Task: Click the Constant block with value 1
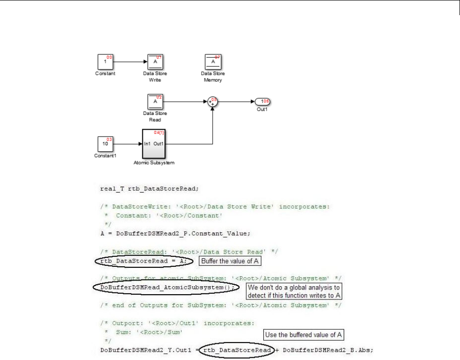[x=105, y=62]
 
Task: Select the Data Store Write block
[x=155, y=62]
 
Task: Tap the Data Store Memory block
[x=213, y=62]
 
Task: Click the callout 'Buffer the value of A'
[x=230, y=261]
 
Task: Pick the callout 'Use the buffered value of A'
[x=304, y=335]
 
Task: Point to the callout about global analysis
[x=294, y=291]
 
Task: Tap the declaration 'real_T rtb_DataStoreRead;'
[x=150, y=189]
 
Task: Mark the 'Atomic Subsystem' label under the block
[x=154, y=163]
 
